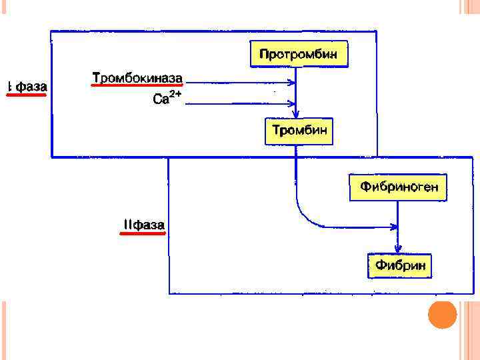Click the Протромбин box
pyautogui.click(x=299, y=54)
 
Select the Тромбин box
pyautogui.click(x=299, y=131)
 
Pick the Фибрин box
pyautogui.click(x=400, y=266)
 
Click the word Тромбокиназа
pyautogui.click(x=137, y=79)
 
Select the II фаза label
pyautogui.click(x=143, y=225)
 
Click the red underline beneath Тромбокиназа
pyautogui.click(x=137, y=87)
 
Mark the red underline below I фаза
pyautogui.click(x=27, y=95)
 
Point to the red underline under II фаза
pyautogui.click(x=143, y=234)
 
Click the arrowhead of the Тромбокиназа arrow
pyautogui.click(x=292, y=83)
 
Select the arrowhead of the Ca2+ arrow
pyautogui.click(x=292, y=103)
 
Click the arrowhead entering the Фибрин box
pyautogui.click(x=397, y=248)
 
